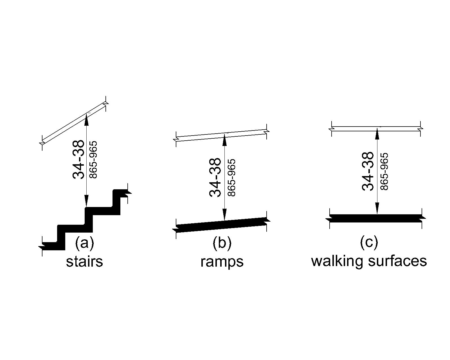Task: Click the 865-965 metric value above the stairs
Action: [x=93, y=159]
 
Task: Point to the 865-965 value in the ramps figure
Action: [x=231, y=178]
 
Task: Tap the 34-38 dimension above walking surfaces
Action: [x=368, y=172]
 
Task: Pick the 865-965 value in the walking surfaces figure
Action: [x=384, y=172]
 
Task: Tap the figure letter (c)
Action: [x=369, y=242]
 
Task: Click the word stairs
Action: [x=84, y=261]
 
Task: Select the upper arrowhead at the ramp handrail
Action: [x=224, y=139]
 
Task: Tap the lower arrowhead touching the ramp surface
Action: [x=224, y=215]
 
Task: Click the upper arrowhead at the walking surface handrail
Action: [x=377, y=133]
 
